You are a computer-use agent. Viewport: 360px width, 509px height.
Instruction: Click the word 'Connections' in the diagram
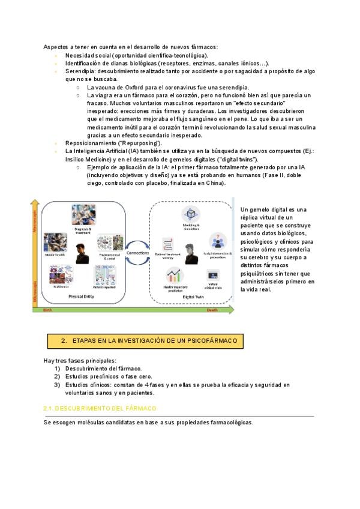pos(138,253)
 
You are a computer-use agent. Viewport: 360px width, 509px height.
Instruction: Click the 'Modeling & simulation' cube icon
pos(191,214)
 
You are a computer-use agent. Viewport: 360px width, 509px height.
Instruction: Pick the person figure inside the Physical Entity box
pos(82,254)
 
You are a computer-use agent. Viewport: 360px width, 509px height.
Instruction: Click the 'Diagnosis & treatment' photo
pos(83,214)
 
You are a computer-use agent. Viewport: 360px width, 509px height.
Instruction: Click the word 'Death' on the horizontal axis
pos(212,310)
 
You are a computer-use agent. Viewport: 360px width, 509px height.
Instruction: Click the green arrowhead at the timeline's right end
pos(232,310)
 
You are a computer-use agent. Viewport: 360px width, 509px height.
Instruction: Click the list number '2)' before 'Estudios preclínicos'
pos(57,376)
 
